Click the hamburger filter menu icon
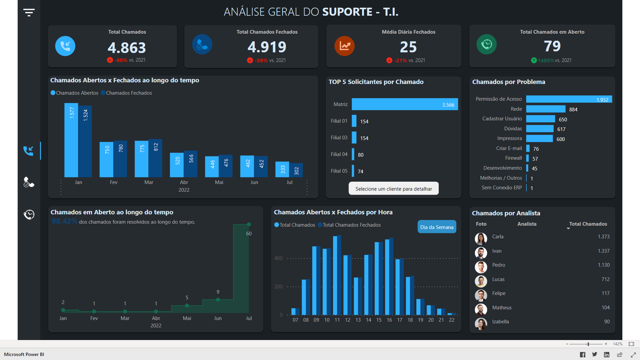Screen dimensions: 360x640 (29, 12)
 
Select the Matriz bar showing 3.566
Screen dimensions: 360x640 (404, 104)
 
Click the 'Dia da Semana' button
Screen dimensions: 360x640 (437, 227)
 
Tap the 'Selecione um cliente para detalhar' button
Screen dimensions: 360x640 (394, 189)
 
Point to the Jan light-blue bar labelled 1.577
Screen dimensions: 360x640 (71, 140)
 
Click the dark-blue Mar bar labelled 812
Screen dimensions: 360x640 (156, 158)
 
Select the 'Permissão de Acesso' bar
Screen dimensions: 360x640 (569, 99)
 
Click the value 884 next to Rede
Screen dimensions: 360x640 (573, 110)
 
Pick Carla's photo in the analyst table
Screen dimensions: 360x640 (481, 238)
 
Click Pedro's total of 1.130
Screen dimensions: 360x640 (604, 265)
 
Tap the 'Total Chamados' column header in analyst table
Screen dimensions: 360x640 (588, 224)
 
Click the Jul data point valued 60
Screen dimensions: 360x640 (249, 224)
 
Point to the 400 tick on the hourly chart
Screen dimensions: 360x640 (278, 258)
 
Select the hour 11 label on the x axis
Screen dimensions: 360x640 (337, 320)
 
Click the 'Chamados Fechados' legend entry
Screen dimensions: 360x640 (128, 93)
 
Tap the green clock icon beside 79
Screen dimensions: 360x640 (486, 44)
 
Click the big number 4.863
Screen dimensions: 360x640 (127, 48)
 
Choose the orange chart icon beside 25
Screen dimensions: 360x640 (344, 46)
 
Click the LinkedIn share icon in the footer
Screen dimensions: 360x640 (607, 354)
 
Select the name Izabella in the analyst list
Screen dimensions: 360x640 (500, 322)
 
